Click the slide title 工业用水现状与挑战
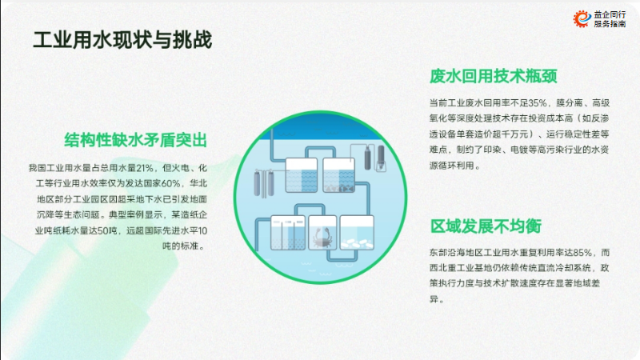(122, 40)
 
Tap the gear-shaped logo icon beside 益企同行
(582, 18)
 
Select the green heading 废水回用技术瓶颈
(493, 76)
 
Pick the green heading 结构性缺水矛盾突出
(135, 140)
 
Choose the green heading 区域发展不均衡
(486, 226)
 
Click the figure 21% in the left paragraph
(145, 168)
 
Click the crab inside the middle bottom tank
(322, 238)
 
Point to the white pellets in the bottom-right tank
(357, 244)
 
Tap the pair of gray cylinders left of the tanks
(264, 183)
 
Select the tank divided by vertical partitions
(288, 233)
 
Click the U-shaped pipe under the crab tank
(342, 255)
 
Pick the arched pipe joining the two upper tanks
(321, 152)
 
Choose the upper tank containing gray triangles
(338, 175)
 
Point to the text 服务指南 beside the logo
(610, 24)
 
